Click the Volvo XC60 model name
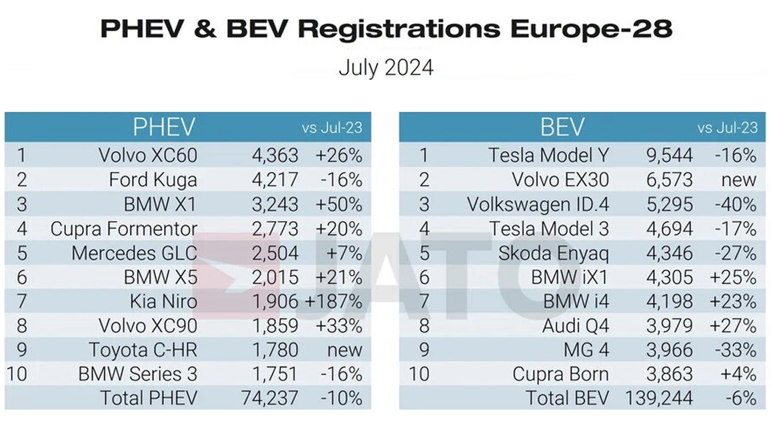tap(147, 156)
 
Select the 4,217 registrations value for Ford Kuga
tap(275, 180)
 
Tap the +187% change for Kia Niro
tap(333, 302)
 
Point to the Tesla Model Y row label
tap(548, 156)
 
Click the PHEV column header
tap(163, 127)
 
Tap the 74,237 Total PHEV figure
tap(269, 398)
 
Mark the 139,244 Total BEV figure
tap(659, 398)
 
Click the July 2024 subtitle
tap(386, 68)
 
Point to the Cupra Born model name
tap(560, 374)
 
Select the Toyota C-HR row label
tap(143, 350)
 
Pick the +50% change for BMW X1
tap(339, 204)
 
